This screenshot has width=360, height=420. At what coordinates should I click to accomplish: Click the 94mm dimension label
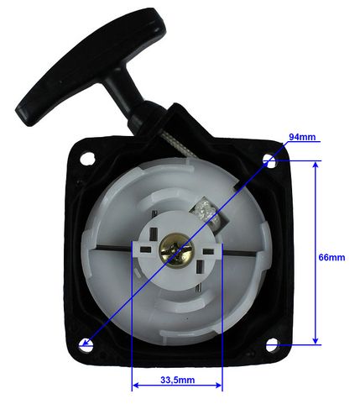click(302, 137)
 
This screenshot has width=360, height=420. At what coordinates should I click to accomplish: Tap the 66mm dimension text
click(331, 257)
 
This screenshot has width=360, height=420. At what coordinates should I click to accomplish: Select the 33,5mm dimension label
click(178, 380)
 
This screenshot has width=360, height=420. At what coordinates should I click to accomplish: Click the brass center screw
click(175, 249)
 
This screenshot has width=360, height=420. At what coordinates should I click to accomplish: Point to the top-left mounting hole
click(87, 159)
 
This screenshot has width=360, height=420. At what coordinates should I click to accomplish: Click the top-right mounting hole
click(271, 161)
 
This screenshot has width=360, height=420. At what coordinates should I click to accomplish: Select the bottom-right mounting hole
click(272, 344)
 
